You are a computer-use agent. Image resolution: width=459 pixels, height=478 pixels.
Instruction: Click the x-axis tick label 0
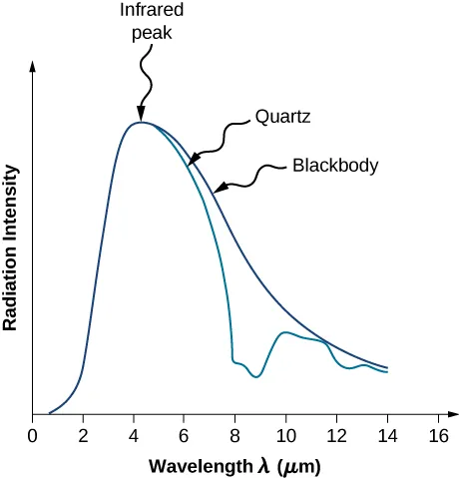coord(33,435)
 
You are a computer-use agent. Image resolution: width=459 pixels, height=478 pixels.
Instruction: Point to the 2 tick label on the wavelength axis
coord(83,435)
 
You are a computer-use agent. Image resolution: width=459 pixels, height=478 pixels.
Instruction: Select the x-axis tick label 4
coord(134,435)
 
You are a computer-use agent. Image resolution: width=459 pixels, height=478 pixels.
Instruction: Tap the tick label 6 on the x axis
coord(185,435)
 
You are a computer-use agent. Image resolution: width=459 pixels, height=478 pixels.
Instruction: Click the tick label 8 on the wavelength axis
coord(234,435)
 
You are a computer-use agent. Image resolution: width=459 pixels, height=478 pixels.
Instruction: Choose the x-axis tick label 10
coord(285,435)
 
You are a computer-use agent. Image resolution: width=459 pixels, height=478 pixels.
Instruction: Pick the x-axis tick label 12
coord(336,435)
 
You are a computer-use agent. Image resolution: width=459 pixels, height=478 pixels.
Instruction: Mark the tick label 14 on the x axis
coord(387,435)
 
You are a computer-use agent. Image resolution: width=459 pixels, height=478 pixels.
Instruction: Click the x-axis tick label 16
coord(437,435)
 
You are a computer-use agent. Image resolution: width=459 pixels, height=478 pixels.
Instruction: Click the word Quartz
coord(284,117)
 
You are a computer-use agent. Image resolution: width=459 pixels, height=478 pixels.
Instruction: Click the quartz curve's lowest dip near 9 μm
coord(257,376)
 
